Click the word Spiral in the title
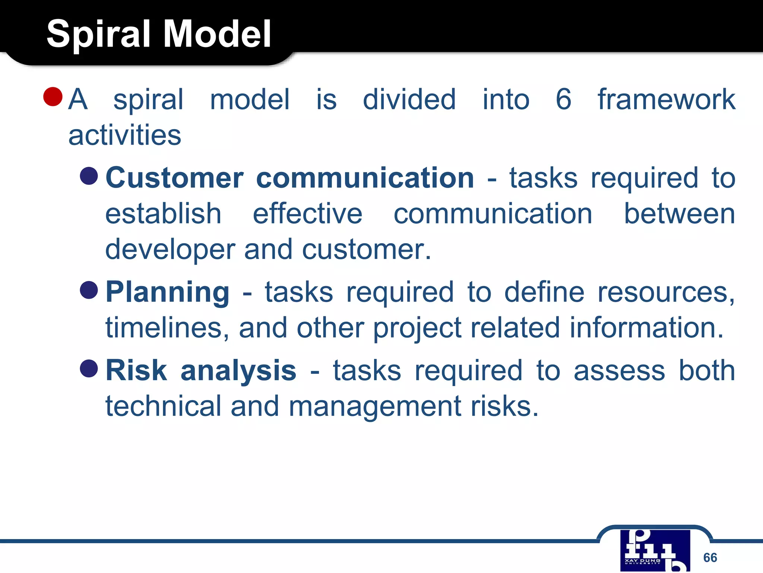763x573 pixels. (x=100, y=34)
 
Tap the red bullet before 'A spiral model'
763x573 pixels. (x=53, y=97)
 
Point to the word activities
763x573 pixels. (x=125, y=135)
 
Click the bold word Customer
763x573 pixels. (x=175, y=178)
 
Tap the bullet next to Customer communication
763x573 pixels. (x=89, y=176)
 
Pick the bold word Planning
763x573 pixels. (x=168, y=292)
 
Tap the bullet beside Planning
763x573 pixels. (x=89, y=290)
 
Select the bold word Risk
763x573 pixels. (x=136, y=370)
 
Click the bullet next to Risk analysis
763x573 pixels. (x=89, y=368)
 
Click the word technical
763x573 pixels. (x=164, y=406)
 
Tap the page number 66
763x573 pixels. (x=710, y=557)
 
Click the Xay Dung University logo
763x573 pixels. (x=655, y=550)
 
